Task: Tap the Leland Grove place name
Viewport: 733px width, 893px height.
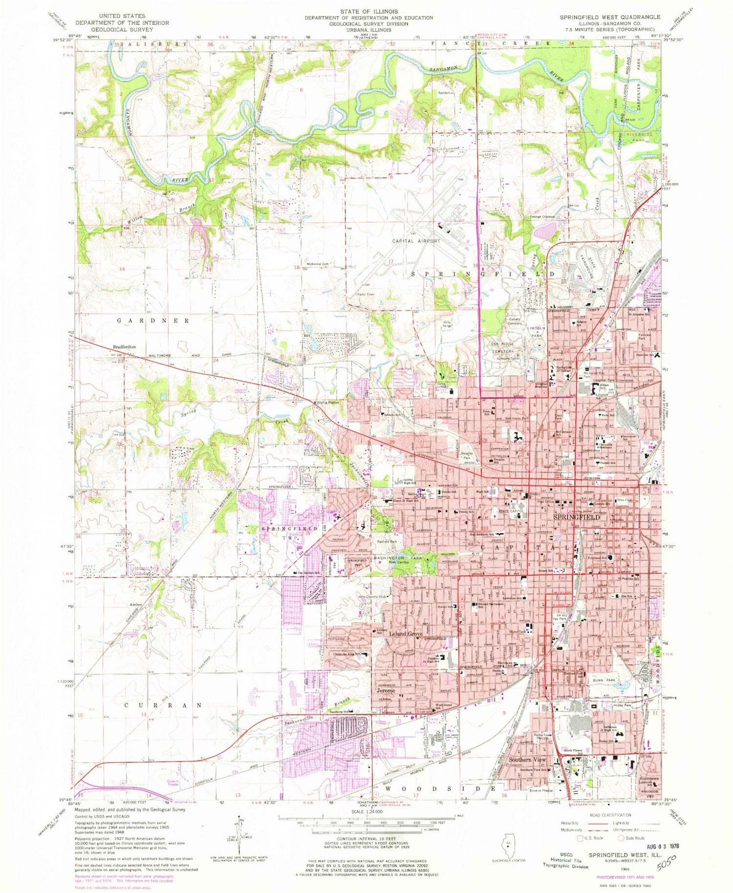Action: pos(406,634)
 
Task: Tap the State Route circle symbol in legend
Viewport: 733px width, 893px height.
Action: pos(621,838)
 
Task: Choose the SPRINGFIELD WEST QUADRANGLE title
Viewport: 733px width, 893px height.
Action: pos(610,17)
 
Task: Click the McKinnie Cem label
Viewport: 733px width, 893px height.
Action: pos(317,264)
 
